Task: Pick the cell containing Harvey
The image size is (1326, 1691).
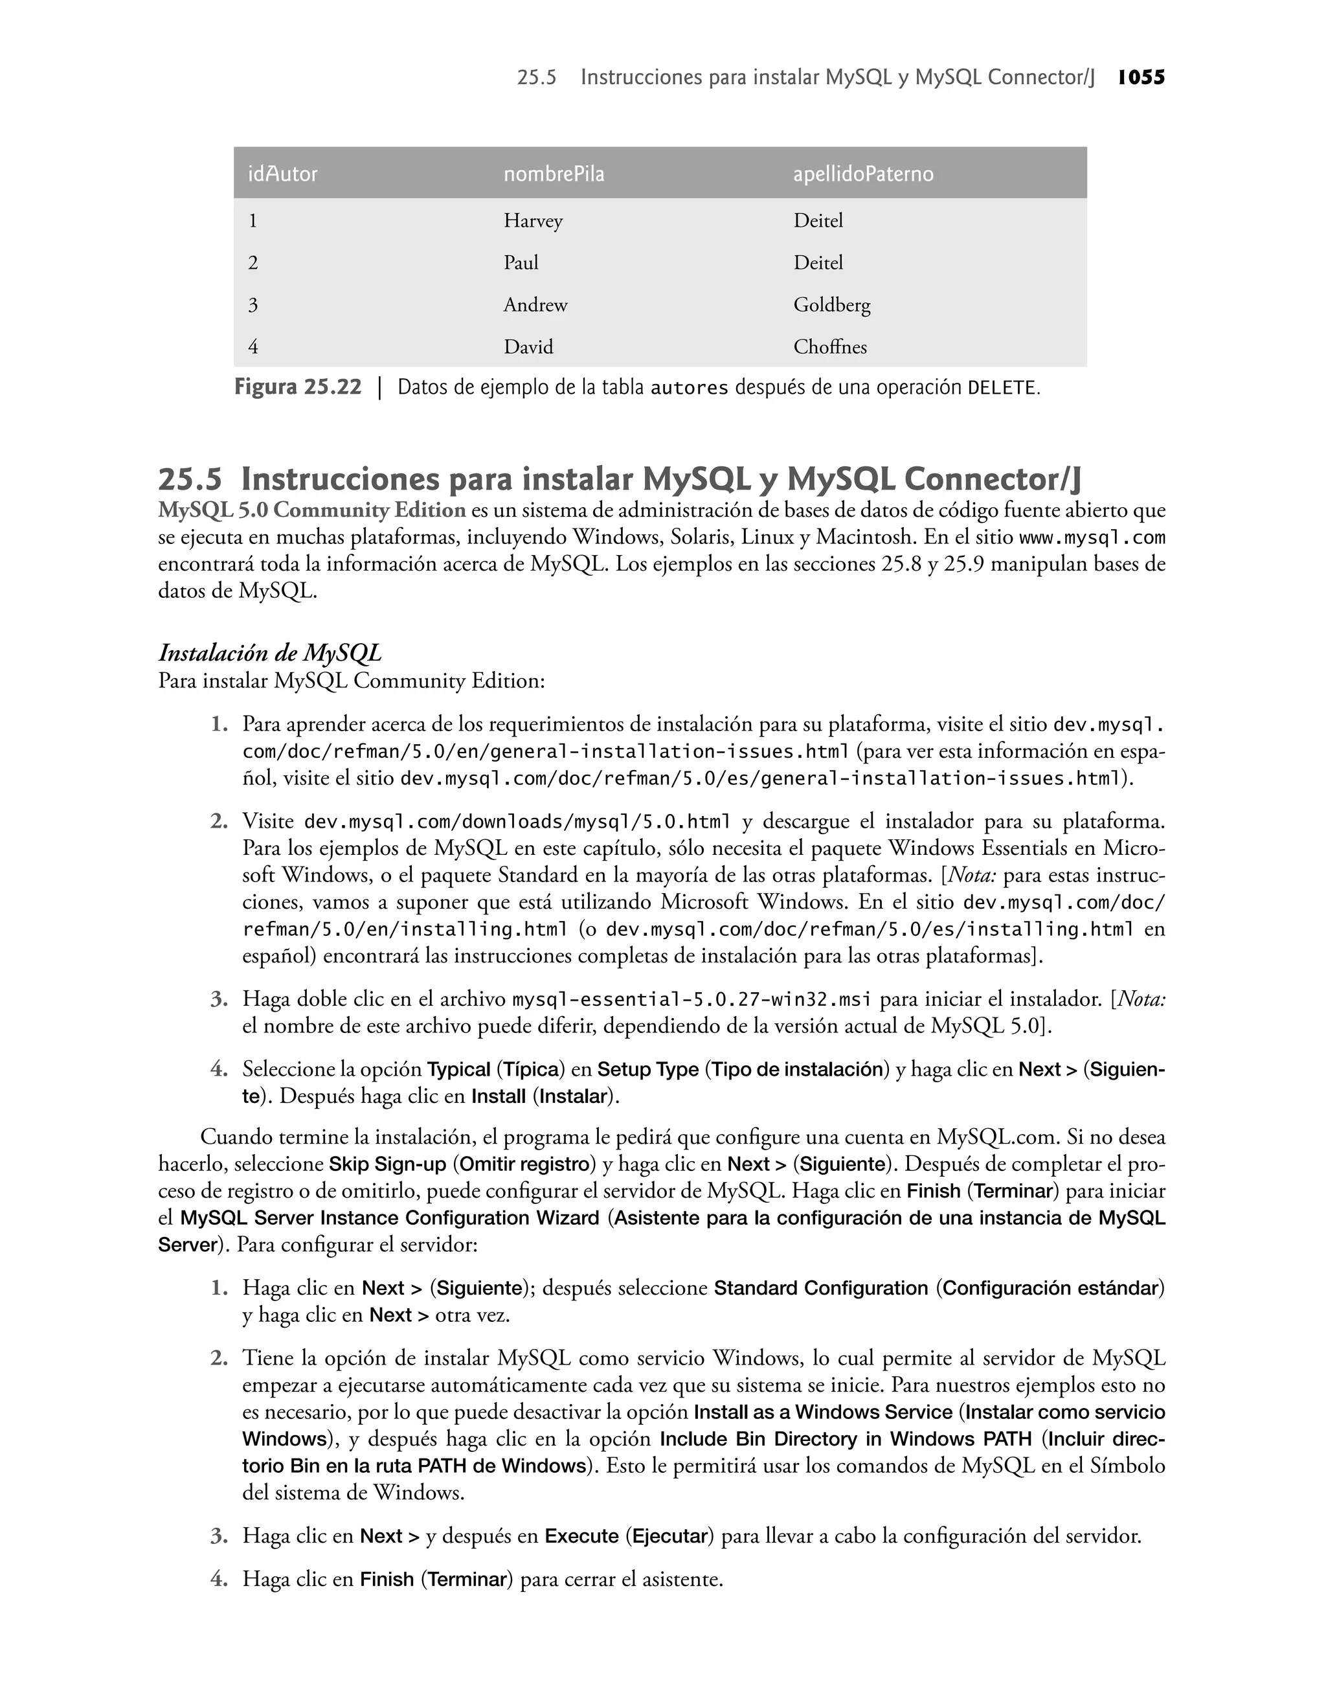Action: coord(533,221)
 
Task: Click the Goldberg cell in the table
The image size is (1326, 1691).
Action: coord(831,305)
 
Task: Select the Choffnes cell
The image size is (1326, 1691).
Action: coord(830,347)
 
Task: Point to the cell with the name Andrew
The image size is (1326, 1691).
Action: coord(535,305)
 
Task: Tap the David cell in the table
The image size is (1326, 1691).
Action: coord(528,347)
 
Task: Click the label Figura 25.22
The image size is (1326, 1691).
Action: coord(297,387)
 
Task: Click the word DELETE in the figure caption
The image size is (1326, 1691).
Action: coord(1002,388)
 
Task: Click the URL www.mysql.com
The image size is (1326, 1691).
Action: coord(1092,538)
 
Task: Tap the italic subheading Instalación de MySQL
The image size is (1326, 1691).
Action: coord(269,653)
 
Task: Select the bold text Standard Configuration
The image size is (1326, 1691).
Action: coord(820,1289)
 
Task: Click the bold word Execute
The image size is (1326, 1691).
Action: coord(581,1536)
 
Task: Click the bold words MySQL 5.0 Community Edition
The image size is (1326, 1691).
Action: coord(311,511)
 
